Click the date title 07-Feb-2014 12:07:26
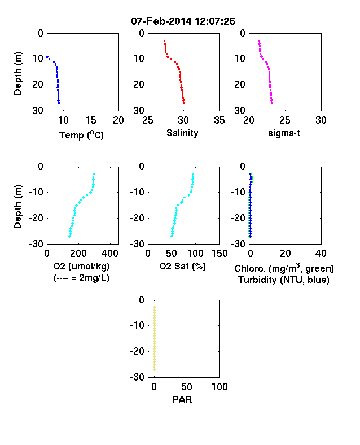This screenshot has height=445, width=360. click(183, 21)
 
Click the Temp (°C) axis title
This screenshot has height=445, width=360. click(81, 135)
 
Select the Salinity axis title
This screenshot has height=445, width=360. click(182, 133)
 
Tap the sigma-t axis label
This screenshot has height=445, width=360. click(284, 133)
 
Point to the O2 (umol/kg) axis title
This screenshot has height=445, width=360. click(81, 267)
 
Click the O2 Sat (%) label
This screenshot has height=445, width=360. click(182, 266)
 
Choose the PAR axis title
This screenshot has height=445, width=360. click(182, 399)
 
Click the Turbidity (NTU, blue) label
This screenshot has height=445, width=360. click(284, 280)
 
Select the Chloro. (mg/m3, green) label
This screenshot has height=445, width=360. click(284, 268)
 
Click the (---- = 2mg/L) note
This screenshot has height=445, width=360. click(81, 277)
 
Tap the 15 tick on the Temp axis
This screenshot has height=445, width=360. click(91, 120)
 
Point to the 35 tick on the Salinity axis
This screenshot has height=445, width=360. click(219, 120)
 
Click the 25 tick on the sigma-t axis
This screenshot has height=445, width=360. click(285, 120)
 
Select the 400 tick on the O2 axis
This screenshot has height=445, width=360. click(110, 254)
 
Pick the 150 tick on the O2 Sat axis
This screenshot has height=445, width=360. click(219, 254)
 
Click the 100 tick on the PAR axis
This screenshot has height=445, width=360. click(219, 386)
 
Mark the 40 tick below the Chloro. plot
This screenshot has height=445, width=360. click(321, 254)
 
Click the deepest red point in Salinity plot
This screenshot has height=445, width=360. click(185, 103)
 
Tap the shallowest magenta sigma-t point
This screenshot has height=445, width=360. click(259, 41)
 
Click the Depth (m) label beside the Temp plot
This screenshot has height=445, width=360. click(17, 73)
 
